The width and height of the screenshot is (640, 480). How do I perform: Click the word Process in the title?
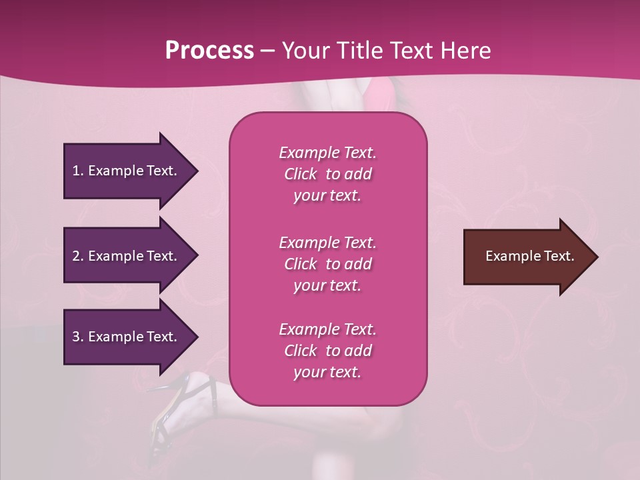(x=209, y=51)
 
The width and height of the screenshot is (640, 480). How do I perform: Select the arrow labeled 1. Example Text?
(x=127, y=171)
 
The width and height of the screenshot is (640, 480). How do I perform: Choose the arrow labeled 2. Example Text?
(x=127, y=256)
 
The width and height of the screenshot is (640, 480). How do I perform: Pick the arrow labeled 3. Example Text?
(x=127, y=337)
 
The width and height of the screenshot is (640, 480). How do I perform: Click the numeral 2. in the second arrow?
(x=78, y=256)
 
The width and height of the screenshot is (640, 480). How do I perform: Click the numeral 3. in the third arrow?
(x=78, y=337)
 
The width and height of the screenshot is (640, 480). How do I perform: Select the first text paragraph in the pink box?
(x=327, y=174)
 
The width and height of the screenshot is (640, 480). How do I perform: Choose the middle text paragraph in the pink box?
(x=327, y=264)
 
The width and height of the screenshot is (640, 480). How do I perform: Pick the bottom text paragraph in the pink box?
(x=327, y=351)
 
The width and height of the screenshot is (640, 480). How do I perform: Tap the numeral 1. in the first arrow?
(x=77, y=171)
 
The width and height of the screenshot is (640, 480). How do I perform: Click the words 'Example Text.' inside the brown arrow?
(x=529, y=256)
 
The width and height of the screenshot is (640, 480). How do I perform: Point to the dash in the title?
(x=267, y=51)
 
